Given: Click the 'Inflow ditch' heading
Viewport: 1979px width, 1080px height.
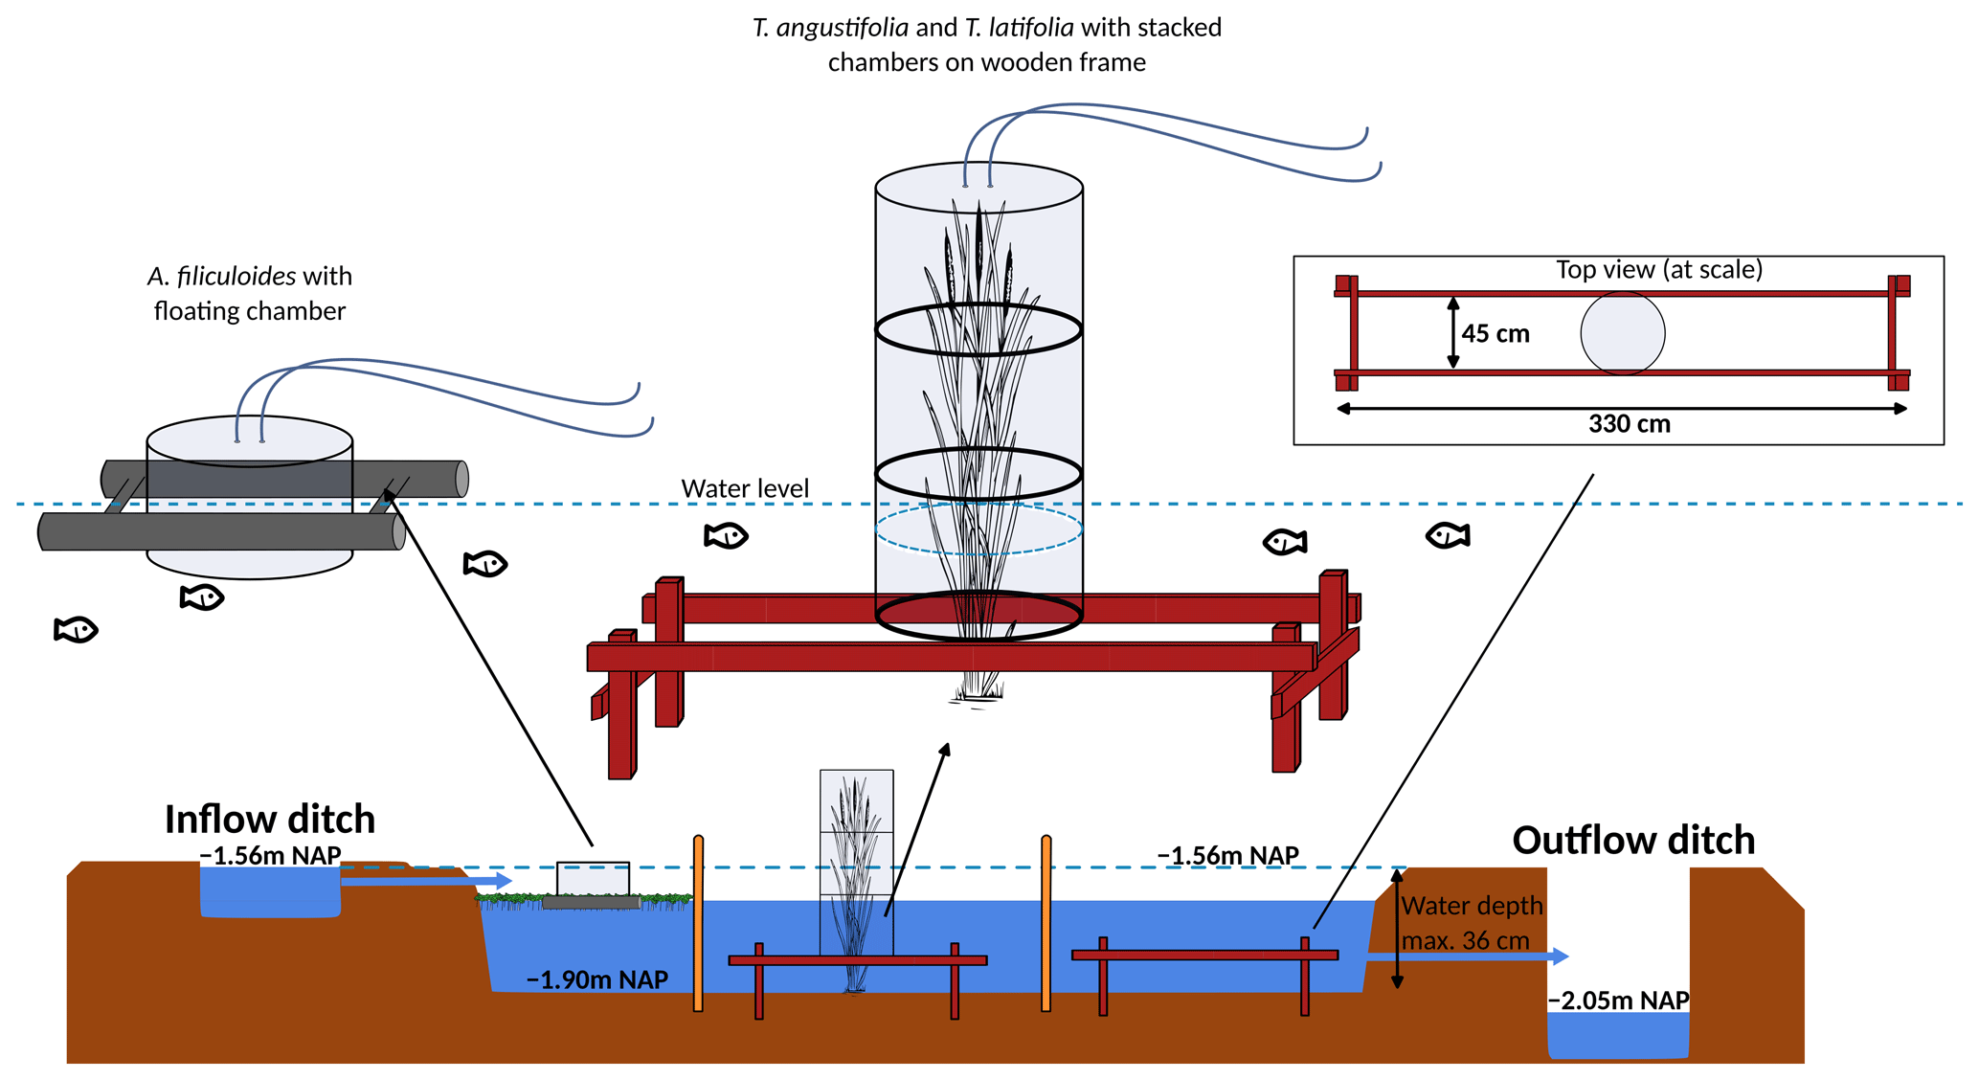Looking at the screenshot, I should tap(269, 820).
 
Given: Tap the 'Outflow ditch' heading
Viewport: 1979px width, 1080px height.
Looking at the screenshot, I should tap(1632, 841).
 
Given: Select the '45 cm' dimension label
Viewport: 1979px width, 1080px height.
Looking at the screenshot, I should tap(1495, 334).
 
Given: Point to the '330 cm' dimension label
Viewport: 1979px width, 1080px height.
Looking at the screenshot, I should tap(1629, 424).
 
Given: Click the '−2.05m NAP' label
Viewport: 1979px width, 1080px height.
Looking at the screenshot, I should tap(1618, 1001).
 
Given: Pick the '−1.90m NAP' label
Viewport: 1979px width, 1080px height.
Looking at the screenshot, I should tap(596, 979).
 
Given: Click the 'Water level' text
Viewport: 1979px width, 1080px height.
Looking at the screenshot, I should tap(745, 488).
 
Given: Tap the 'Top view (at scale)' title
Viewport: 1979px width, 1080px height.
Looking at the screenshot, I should tap(1658, 270).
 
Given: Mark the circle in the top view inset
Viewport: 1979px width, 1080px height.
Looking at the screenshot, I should tap(1622, 333).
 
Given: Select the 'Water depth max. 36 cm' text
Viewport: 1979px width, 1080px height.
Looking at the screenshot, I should tap(1472, 923).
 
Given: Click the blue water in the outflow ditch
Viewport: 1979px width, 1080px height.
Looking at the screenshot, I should tap(1618, 1036).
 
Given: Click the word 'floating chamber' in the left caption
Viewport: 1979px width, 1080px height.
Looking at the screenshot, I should tap(250, 311).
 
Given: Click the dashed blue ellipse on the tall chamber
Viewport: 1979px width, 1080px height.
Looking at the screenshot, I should tap(978, 529).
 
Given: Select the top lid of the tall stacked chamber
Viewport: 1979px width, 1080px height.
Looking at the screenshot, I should tap(978, 188).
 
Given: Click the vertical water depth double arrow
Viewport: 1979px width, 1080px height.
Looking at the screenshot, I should tap(1397, 929).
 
